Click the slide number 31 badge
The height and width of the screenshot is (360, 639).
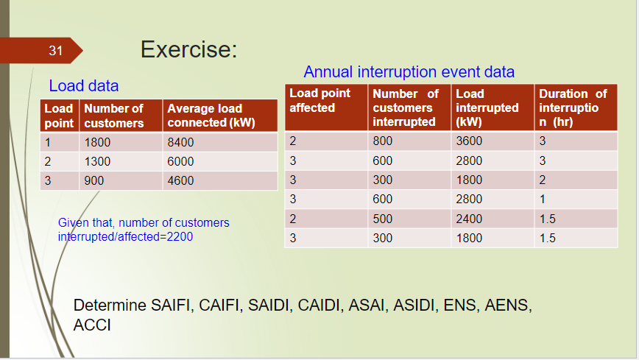[56, 51]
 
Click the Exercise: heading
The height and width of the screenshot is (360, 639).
[188, 50]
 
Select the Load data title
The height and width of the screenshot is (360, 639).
[83, 85]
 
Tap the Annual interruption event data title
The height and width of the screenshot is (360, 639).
[409, 71]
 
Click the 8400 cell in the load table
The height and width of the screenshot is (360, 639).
[180, 142]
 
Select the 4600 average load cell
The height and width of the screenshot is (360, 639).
[180, 180]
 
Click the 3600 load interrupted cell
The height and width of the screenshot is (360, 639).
[469, 141]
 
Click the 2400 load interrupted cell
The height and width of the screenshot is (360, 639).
[469, 219]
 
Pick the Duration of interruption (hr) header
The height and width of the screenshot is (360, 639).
[573, 107]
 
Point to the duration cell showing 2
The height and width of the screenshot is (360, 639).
[543, 180]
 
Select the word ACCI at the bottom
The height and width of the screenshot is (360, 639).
[92, 325]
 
